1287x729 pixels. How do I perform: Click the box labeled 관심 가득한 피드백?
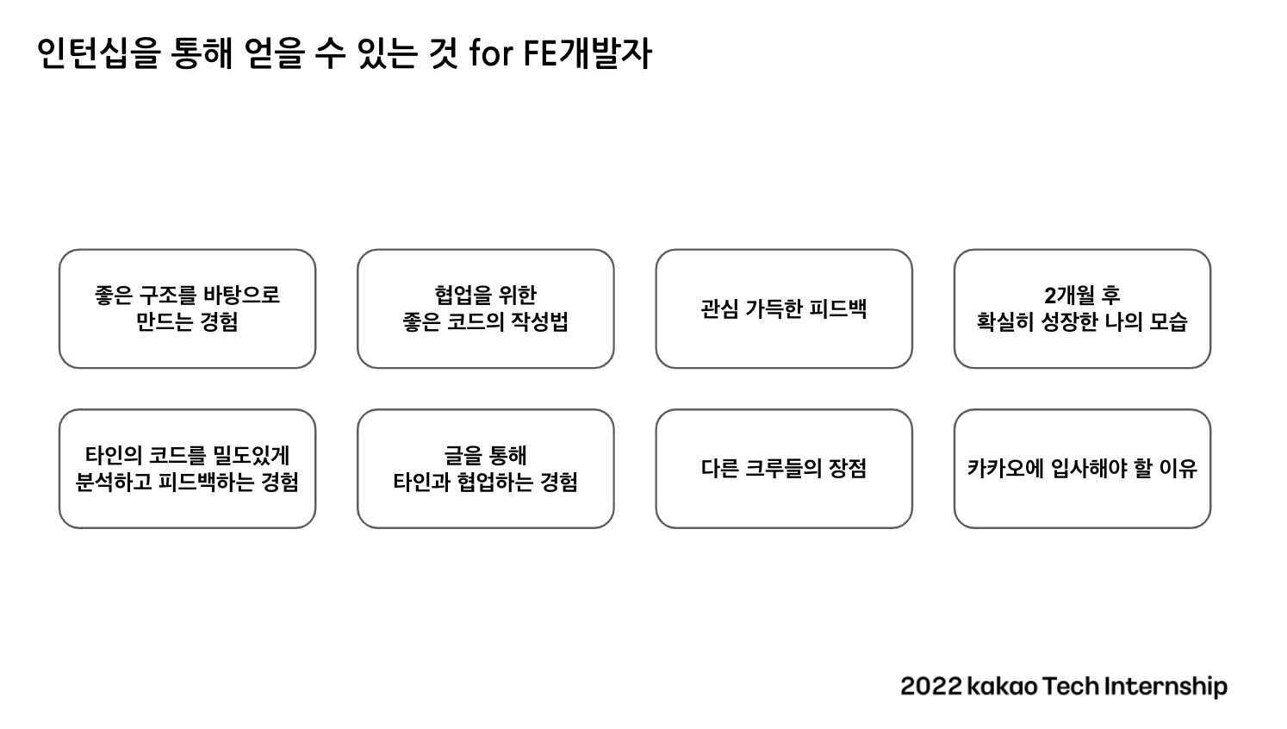point(784,308)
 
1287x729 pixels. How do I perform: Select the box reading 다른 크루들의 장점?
point(784,469)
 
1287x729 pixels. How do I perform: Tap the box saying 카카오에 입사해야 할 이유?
point(1083,469)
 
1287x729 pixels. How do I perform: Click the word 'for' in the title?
point(491,53)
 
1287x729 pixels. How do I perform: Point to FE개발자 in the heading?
point(588,54)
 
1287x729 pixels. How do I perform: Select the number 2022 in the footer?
point(930,687)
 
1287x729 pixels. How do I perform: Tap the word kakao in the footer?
point(1003,687)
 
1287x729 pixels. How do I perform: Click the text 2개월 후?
point(1083,296)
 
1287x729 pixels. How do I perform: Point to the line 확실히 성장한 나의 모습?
point(1083,322)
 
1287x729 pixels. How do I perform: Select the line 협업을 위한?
point(486,296)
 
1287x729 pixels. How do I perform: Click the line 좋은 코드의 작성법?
point(486,322)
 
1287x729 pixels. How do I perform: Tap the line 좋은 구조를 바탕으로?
point(187,296)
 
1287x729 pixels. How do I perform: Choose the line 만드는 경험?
point(187,322)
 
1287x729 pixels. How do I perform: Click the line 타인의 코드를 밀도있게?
point(187,455)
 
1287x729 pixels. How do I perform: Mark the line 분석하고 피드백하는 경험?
point(187,482)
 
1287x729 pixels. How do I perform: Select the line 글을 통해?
point(486,455)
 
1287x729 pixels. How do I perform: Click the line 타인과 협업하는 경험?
point(486,482)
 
